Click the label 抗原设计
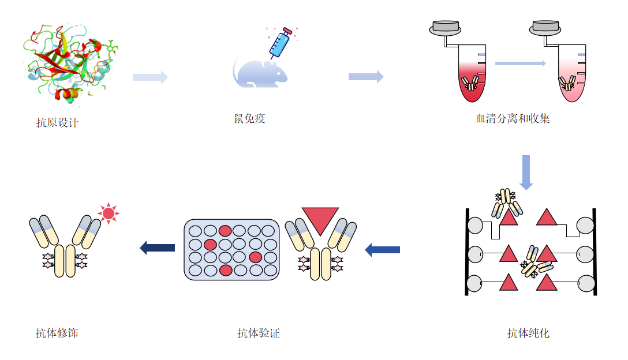[x=57, y=123]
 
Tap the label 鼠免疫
[x=250, y=119]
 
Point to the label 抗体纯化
[x=528, y=333]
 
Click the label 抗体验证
[x=258, y=333]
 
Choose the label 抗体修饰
[x=57, y=333]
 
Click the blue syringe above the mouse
[x=281, y=42]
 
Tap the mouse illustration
[x=260, y=73]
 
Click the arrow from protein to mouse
[x=150, y=77]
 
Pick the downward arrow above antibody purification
[x=526, y=172]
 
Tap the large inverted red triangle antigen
[x=320, y=219]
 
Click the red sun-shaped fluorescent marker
[x=108, y=213]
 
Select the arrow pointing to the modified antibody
[x=158, y=248]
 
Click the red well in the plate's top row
[x=225, y=231]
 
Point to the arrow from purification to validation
[x=383, y=249]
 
